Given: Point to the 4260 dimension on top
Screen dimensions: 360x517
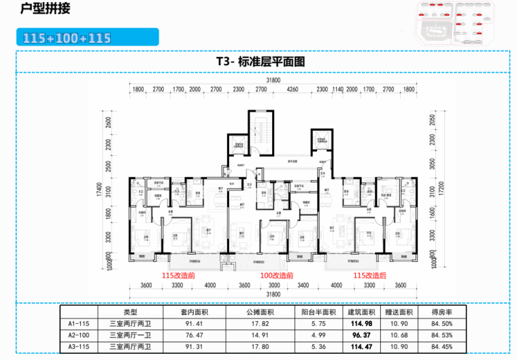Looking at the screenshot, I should [292, 89].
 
